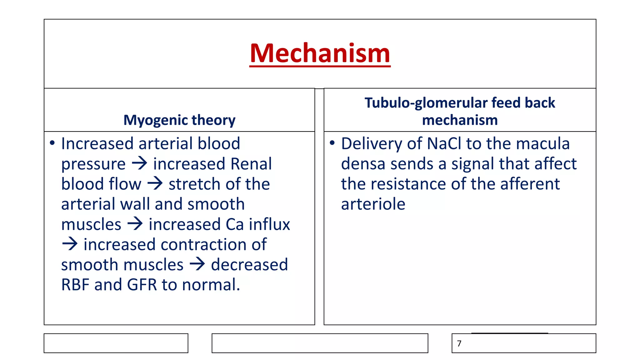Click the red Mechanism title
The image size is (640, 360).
coord(320,53)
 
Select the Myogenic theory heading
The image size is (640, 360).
coord(179,120)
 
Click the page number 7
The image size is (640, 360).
coord(459,343)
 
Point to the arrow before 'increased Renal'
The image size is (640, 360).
coord(139,163)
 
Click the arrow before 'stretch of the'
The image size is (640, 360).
coord(155,183)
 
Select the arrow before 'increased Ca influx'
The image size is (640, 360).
coord(135,224)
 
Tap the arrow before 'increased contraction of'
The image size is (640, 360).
coord(70,244)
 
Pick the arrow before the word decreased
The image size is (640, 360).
coord(197,264)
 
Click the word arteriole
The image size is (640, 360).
coord(373,204)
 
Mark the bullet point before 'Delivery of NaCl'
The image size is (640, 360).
coord(332,143)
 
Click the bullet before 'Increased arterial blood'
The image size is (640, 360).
coord(52,143)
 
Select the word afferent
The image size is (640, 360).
coord(530,184)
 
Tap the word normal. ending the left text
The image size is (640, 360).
coord(211,285)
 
